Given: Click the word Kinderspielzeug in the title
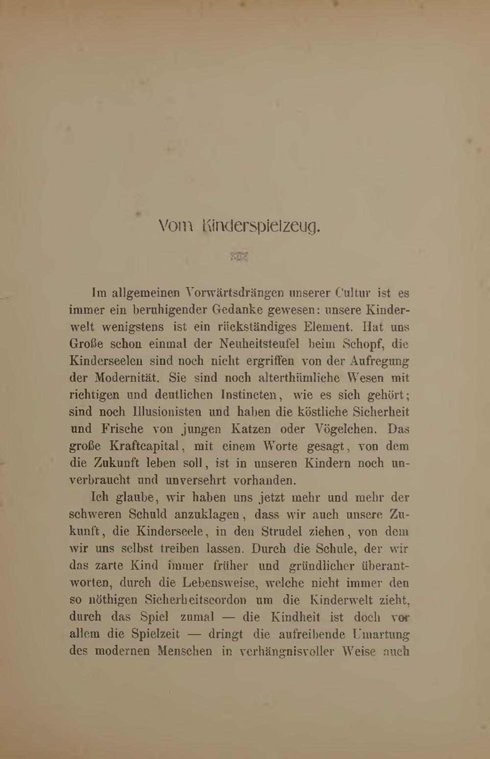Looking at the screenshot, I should [x=261, y=227].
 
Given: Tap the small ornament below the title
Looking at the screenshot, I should [x=239, y=256].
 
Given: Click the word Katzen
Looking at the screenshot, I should [x=251, y=429].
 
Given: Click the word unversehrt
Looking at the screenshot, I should [x=196, y=480].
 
